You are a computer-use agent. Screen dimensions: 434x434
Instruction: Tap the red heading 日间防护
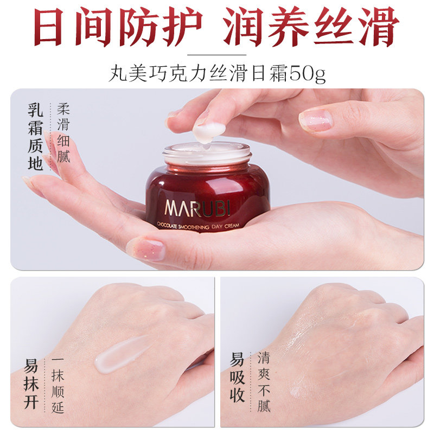coord(117,26)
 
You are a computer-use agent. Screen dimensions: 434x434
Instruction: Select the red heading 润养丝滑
coord(311,26)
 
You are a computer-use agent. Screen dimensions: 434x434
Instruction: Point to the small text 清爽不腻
coord(264,382)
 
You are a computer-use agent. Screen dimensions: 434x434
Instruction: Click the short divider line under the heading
coord(216,54)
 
